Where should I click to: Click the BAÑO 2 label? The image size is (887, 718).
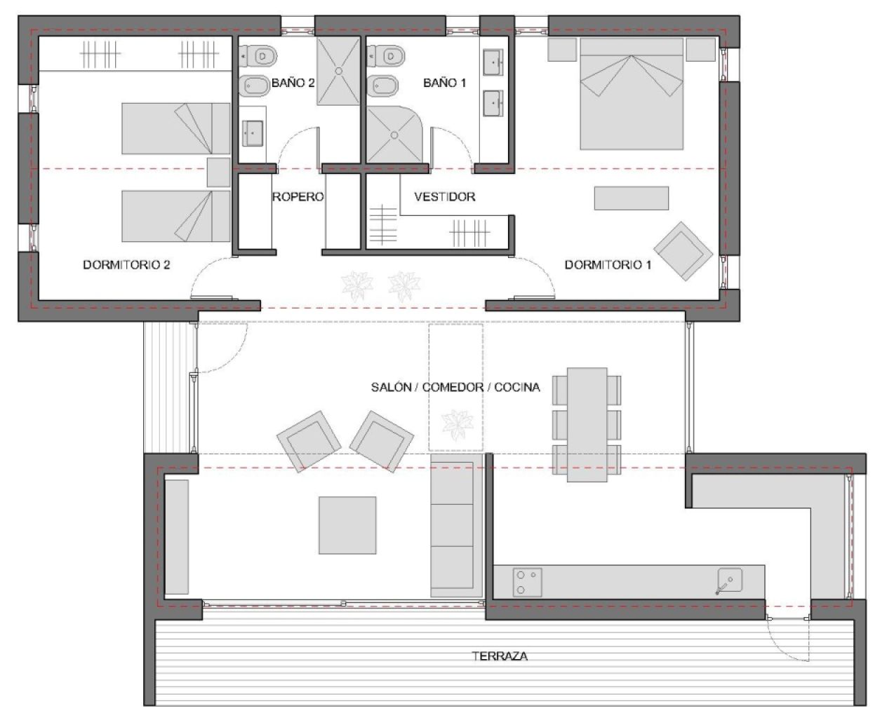pos(293,83)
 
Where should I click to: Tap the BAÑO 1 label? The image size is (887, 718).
pos(444,83)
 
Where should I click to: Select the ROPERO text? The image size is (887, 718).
pos(298,197)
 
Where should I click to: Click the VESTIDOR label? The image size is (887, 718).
pos(444,197)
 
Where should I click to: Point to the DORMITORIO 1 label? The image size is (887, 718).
pos(608,265)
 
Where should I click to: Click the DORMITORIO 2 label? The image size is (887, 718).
pos(126,265)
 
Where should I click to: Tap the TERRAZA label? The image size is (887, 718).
pos(500,657)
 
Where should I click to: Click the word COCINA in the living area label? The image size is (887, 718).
pos(517,387)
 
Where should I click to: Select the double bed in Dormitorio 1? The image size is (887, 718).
pos(631,95)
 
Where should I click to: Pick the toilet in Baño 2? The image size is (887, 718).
pos(258,55)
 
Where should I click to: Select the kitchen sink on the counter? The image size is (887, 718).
pos(729,581)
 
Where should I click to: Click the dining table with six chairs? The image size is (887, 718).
pos(587,425)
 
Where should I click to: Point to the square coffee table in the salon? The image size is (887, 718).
pos(347,525)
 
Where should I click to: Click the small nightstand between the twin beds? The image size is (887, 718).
pos(218,172)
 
